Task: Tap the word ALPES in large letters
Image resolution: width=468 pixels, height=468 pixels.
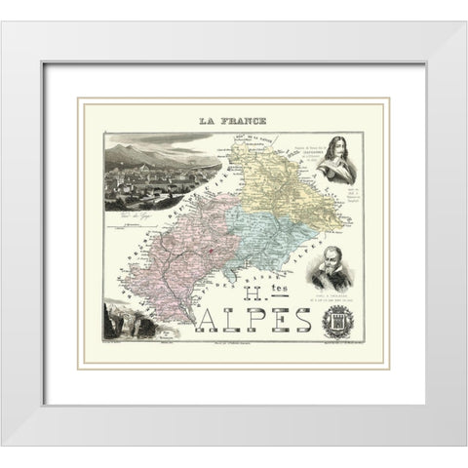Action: pos(261,320)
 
